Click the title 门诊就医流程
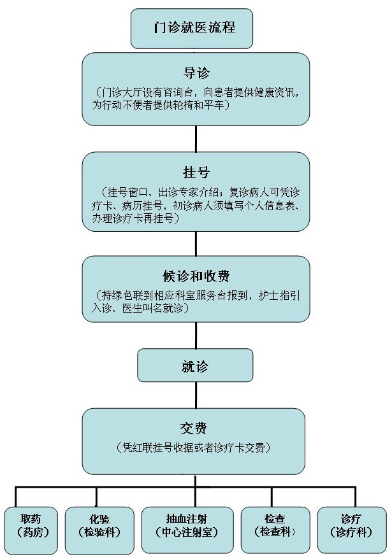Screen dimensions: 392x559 coord(194,27)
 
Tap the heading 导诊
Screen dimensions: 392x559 coord(196,73)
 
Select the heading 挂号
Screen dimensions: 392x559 coord(196,172)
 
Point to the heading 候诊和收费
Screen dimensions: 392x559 coord(196,276)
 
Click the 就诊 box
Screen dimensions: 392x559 coord(195,365)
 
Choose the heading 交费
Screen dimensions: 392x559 coord(194,428)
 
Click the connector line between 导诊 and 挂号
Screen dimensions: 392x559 coord(196,139)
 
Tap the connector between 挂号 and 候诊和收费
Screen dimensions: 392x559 coord(196,243)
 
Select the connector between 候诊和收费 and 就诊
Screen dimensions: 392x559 coord(196,336)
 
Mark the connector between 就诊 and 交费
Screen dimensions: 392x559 coord(196,395)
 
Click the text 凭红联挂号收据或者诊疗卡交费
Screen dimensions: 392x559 coord(194,448)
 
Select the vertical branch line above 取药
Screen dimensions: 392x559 coord(15,497)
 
